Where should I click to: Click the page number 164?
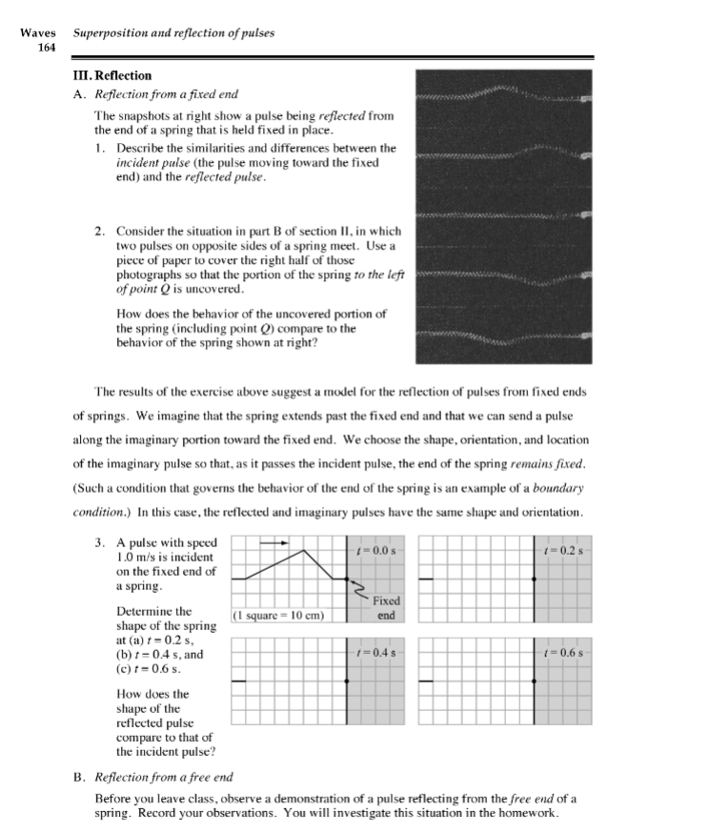click(47, 47)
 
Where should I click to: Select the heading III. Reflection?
click(112, 75)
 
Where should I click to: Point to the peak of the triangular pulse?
click(304, 550)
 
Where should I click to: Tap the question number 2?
click(100, 232)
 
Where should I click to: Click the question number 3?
click(100, 541)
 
